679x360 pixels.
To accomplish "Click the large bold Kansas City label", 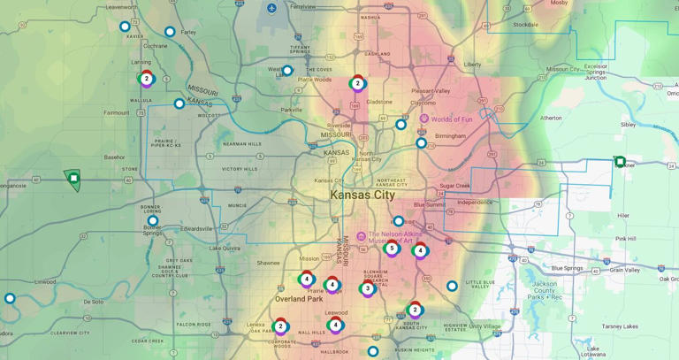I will [x=362, y=195].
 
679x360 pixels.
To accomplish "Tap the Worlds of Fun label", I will [x=451, y=119].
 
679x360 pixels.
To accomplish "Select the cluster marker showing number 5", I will [x=392, y=248].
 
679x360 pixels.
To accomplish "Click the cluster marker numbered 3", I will [x=368, y=288].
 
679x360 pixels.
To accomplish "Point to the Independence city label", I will [x=475, y=203].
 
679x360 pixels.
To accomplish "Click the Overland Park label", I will [x=299, y=299].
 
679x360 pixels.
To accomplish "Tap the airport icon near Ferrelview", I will [x=271, y=8].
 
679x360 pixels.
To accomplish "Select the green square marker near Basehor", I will [x=73, y=179].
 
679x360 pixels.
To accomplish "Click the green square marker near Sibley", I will [x=620, y=162].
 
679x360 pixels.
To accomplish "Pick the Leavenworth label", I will [x=122, y=6].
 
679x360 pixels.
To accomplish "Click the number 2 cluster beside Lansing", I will [x=147, y=79].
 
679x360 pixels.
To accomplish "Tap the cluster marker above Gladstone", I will [x=357, y=83].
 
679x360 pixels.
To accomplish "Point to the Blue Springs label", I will [x=568, y=268].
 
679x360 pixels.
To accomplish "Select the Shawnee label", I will [x=268, y=263].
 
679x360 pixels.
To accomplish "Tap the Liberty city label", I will [x=473, y=65].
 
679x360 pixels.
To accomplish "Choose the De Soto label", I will [x=94, y=302].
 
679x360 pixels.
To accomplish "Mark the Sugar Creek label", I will [x=455, y=186].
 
